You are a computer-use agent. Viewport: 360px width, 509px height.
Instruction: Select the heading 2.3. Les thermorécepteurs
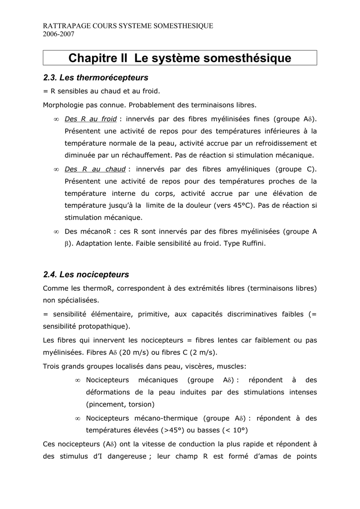[96, 78]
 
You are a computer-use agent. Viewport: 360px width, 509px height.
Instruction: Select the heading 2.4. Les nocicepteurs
[86, 274]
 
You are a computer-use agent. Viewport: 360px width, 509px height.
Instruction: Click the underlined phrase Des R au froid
[90, 119]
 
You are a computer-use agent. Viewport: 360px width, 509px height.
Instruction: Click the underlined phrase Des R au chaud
[94, 169]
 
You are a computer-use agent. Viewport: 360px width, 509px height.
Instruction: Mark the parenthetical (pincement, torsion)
[120, 404]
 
